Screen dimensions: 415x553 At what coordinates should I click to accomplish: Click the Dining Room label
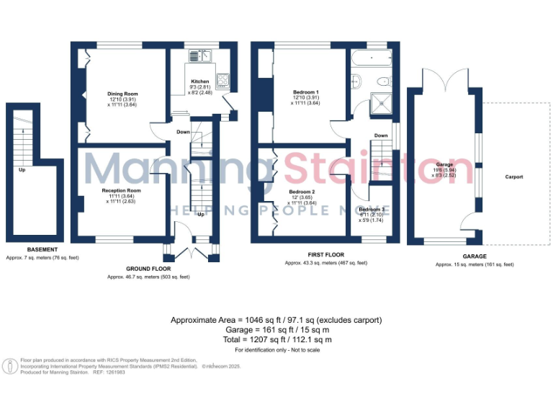click(122, 94)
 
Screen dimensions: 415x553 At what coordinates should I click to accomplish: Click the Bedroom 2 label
click(302, 192)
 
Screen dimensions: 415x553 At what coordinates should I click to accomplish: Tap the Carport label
click(513, 177)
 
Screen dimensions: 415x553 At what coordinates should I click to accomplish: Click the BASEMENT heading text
click(32, 249)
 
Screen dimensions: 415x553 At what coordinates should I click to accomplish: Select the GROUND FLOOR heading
click(148, 269)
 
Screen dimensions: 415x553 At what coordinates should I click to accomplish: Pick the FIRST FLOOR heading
click(325, 255)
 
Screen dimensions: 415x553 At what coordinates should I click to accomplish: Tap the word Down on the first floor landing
click(381, 135)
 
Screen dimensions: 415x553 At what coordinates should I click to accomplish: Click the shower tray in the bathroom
click(379, 104)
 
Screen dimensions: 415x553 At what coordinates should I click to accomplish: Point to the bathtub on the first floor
click(371, 58)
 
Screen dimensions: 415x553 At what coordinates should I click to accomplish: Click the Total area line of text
click(276, 339)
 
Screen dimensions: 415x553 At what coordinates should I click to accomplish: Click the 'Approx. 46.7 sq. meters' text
click(148, 277)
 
